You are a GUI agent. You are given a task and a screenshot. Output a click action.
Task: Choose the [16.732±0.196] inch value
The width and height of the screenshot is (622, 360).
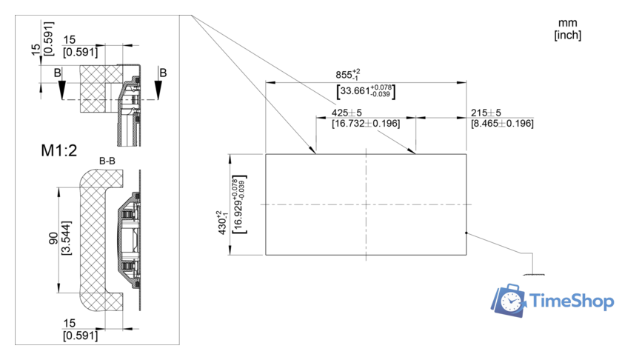point(356,123)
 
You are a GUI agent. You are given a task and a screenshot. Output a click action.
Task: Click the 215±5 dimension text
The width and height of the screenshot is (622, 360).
point(486,113)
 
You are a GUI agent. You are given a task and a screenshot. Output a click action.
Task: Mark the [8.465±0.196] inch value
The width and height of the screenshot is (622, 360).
point(502,123)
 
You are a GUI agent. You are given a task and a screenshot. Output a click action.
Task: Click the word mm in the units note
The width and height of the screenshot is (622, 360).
point(567,24)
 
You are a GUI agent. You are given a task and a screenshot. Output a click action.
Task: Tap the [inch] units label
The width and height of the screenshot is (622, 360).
point(567,35)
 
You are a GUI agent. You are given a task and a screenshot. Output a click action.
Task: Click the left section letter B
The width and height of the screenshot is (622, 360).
point(57,73)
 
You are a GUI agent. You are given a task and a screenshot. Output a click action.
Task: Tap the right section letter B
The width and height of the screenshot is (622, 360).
point(163,73)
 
